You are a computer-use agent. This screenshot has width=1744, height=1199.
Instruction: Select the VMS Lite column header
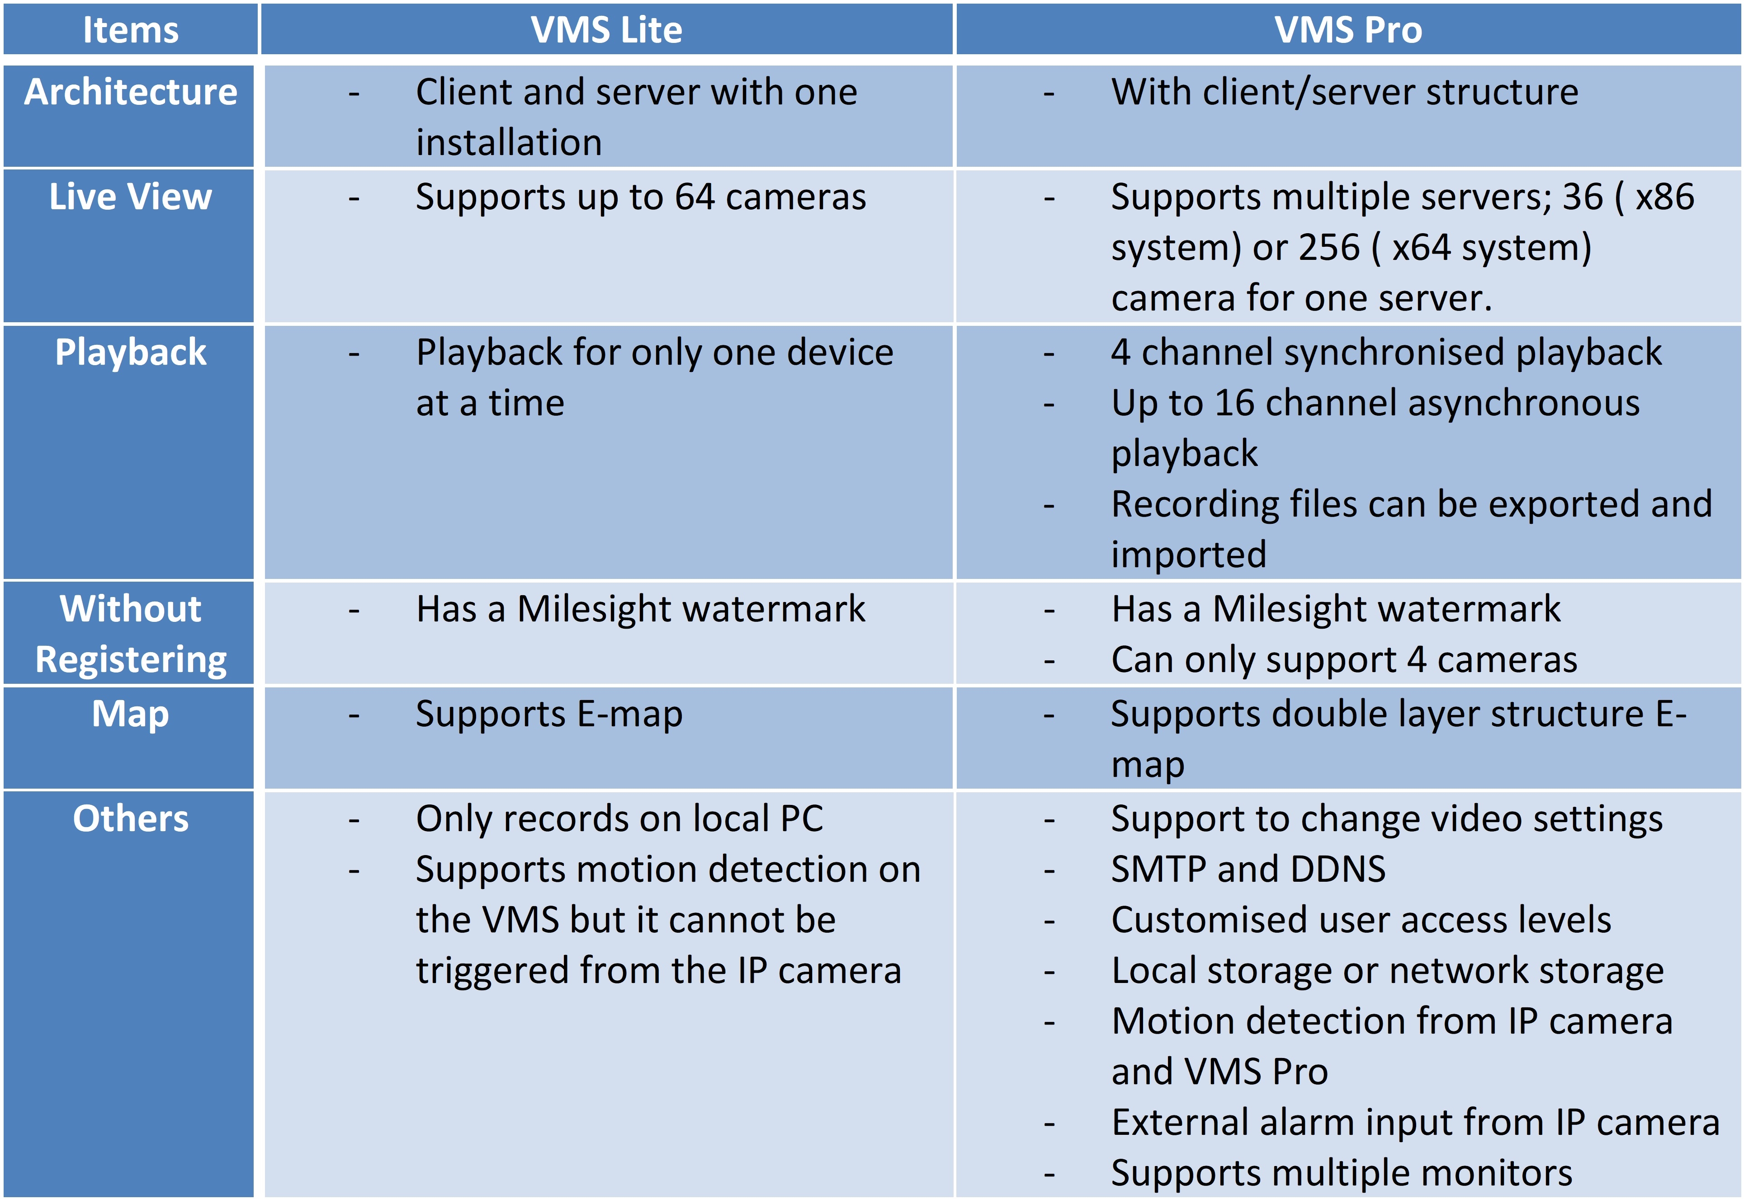pos(606,30)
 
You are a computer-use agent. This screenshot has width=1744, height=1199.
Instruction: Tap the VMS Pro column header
pos(1348,30)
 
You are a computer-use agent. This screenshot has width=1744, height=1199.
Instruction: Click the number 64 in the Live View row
pos(694,197)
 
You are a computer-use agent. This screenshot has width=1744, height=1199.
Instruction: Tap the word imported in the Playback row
pos(1189,555)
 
